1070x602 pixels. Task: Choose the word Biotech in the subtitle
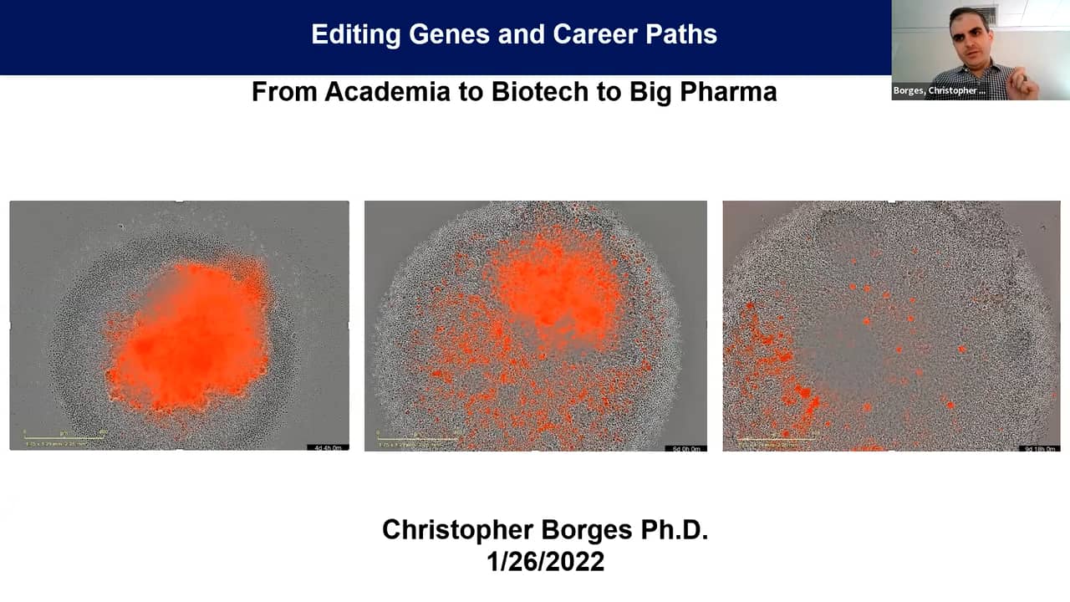click(x=536, y=91)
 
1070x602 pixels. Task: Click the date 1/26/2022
click(x=545, y=561)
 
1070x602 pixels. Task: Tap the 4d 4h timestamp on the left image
click(x=327, y=448)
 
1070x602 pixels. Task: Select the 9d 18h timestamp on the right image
click(x=1040, y=449)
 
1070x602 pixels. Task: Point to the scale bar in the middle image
click(x=417, y=436)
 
